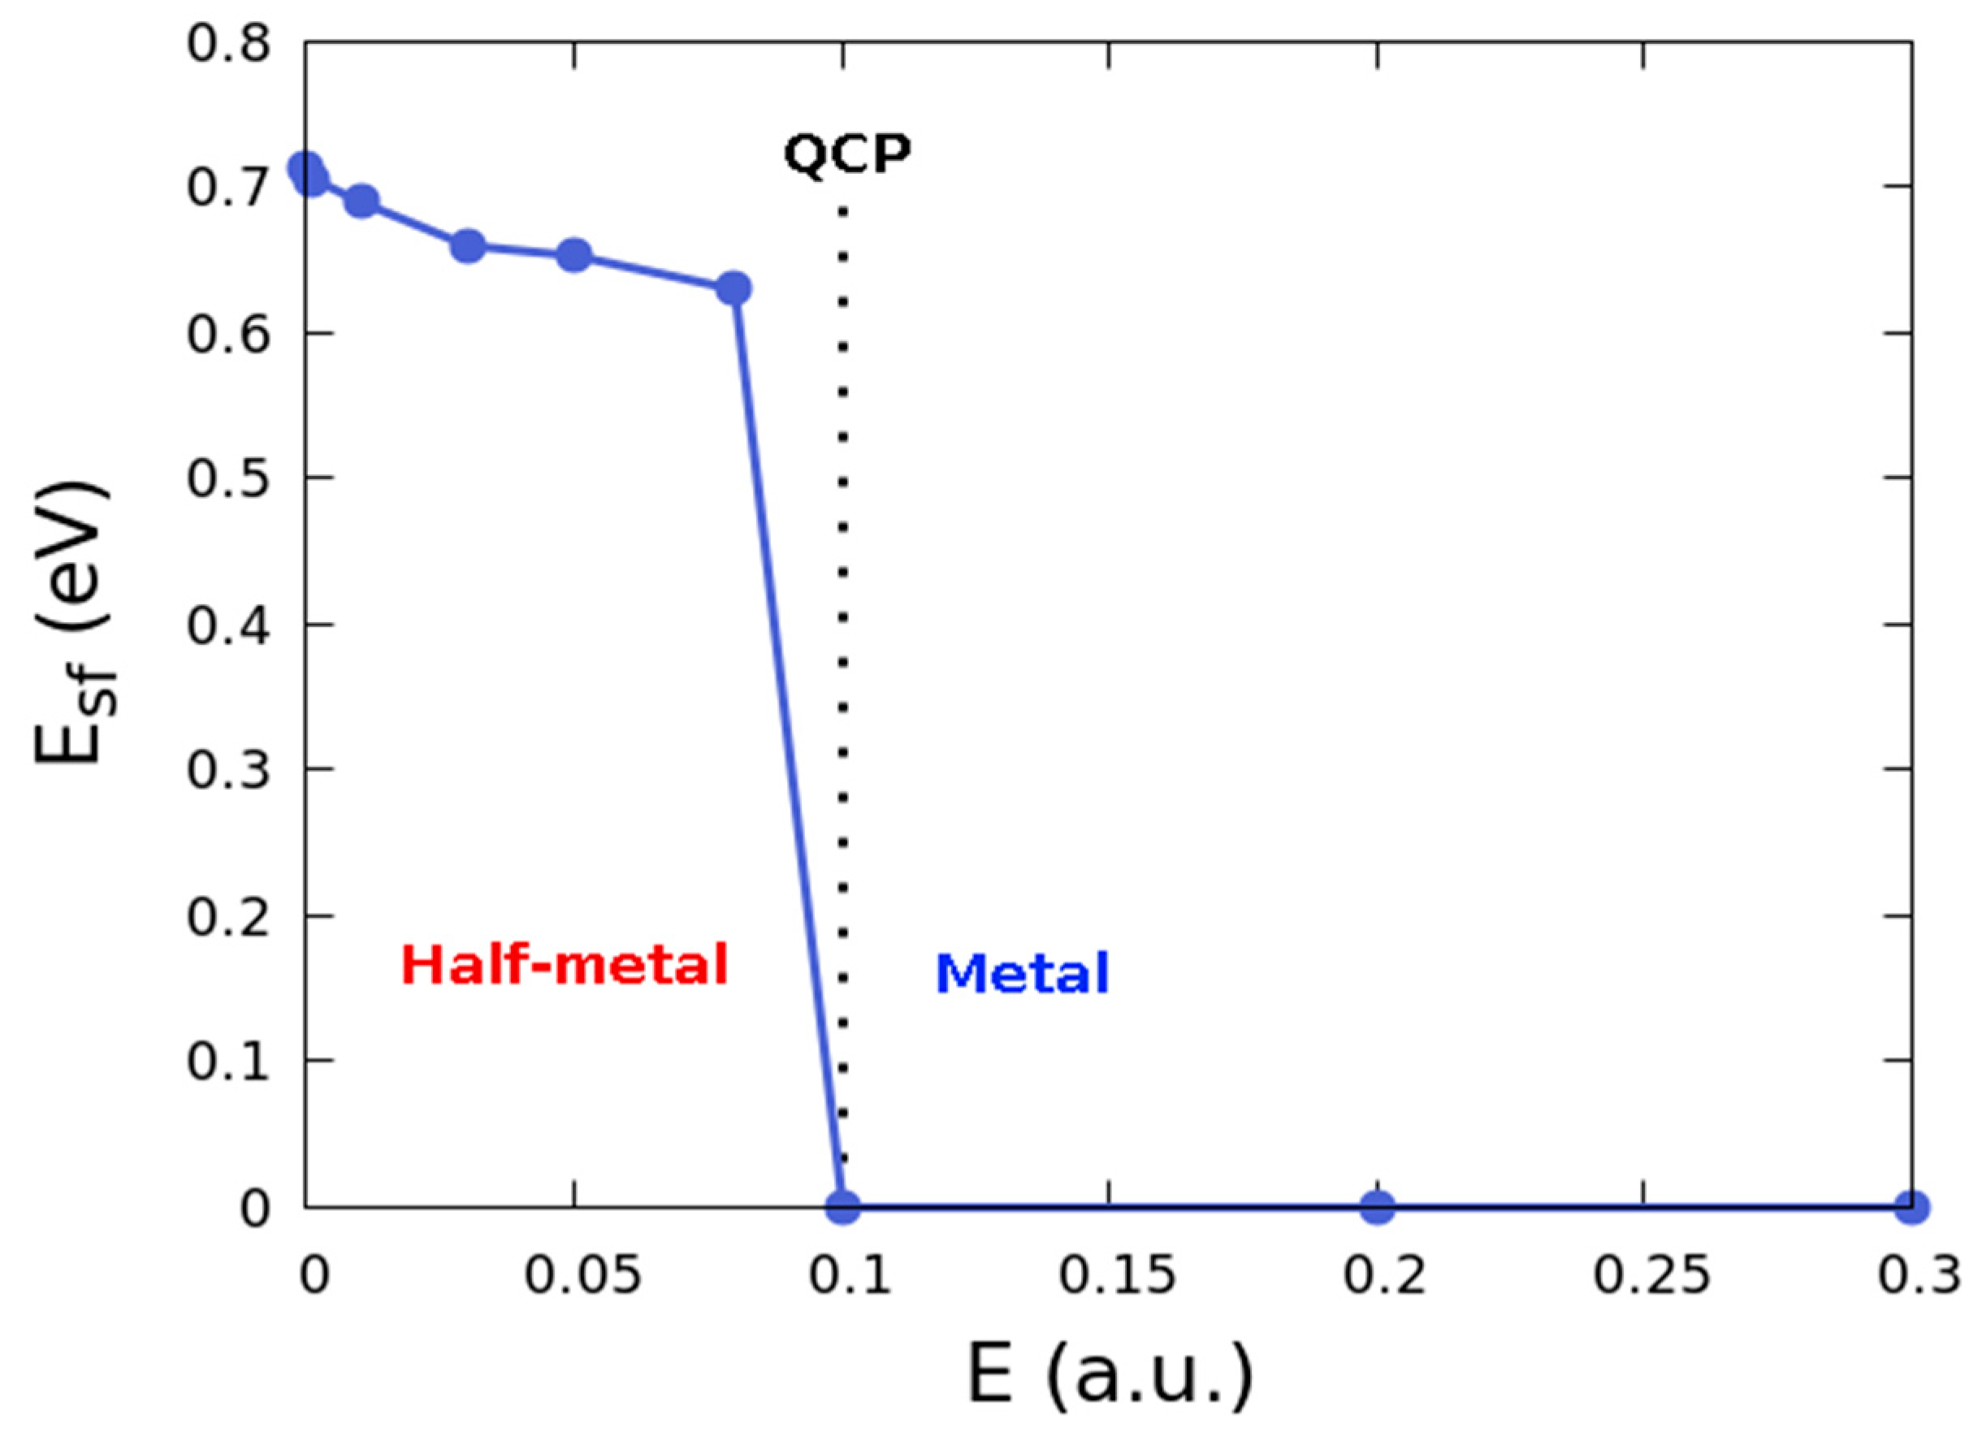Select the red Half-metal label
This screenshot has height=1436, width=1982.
pos(565,966)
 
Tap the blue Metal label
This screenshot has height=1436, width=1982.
pos(1022,974)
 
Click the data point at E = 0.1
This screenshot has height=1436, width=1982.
pos(843,1208)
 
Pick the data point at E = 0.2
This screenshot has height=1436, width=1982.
pos(1378,1208)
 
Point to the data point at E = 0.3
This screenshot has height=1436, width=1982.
pos(1911,1208)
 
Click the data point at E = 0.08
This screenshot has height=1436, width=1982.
pos(734,288)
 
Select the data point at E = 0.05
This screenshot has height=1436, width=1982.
pos(574,255)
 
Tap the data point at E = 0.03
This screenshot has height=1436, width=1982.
pos(468,246)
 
